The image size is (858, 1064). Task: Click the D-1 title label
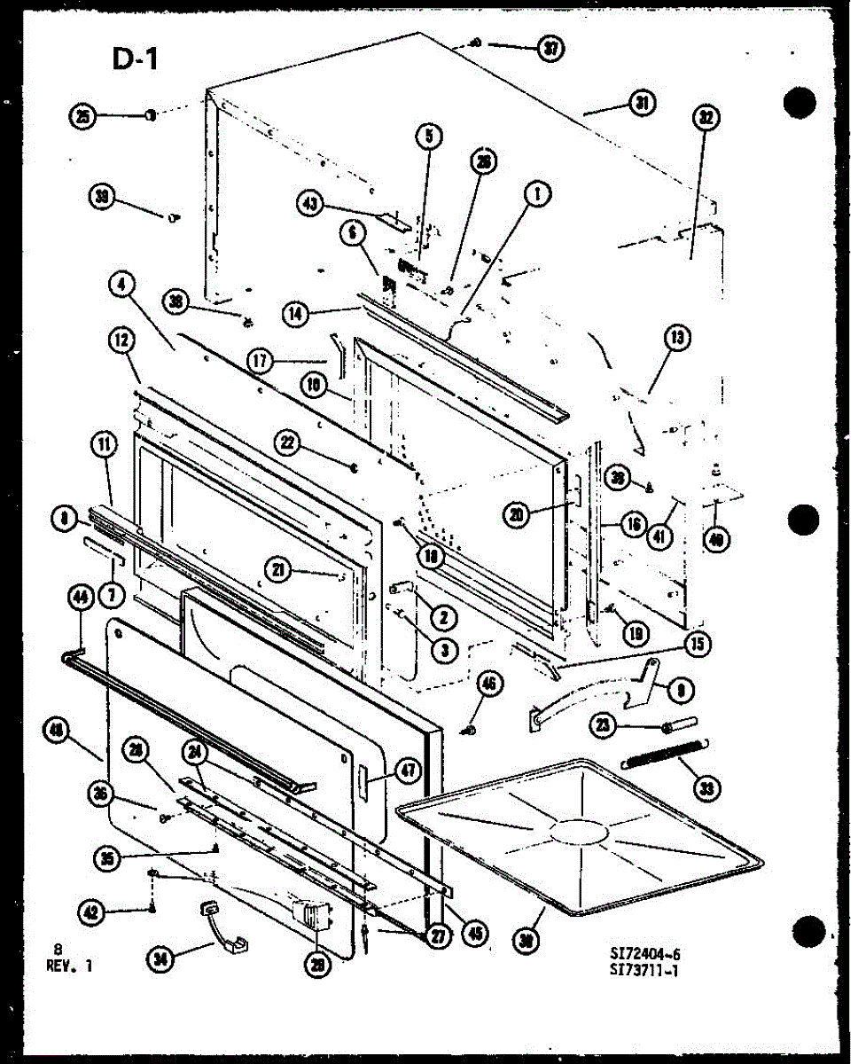pyautogui.click(x=135, y=60)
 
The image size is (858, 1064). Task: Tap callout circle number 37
pyautogui.click(x=551, y=49)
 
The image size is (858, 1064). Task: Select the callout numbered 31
pyautogui.click(x=641, y=104)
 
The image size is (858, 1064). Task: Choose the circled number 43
pyautogui.click(x=308, y=204)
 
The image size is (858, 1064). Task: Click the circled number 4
pyautogui.click(x=123, y=285)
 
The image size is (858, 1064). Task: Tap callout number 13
pyautogui.click(x=679, y=337)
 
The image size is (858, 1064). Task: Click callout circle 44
pyautogui.click(x=81, y=599)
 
